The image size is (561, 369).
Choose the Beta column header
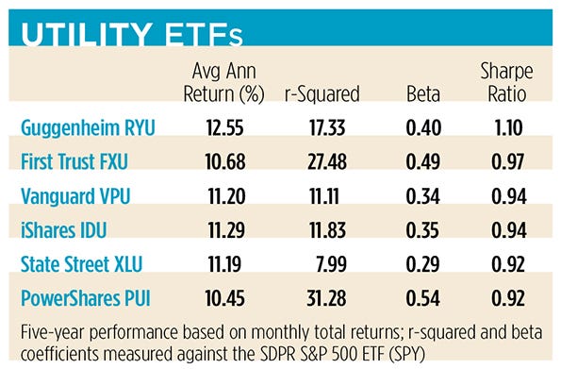pyautogui.click(x=415, y=95)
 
